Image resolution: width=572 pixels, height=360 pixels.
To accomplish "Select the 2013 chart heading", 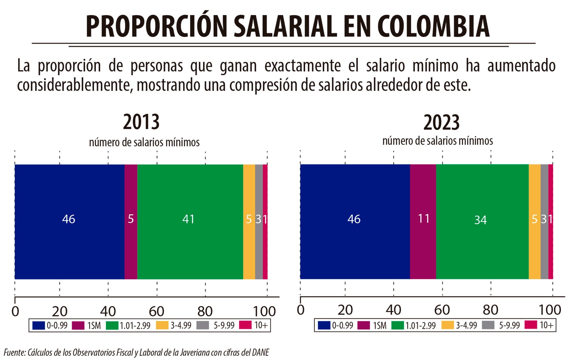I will [141, 122].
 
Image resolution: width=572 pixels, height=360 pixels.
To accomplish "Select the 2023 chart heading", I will [441, 122].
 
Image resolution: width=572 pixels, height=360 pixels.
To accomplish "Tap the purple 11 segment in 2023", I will [423, 221].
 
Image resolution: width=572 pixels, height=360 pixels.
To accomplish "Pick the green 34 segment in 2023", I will [482, 221].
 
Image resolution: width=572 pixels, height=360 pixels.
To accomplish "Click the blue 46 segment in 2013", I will [69, 221].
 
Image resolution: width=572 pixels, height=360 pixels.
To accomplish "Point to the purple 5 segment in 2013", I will [131, 221].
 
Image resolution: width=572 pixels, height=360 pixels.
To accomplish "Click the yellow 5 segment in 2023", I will [535, 221].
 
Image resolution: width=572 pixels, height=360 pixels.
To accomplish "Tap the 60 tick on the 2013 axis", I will [157, 311].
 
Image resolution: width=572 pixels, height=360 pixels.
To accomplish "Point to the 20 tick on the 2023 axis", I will [345, 310].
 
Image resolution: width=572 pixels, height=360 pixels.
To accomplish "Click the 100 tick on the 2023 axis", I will [550, 310].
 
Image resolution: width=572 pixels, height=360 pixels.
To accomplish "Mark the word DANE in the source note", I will [260, 352].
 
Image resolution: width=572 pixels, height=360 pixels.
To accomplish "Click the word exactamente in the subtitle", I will [302, 66].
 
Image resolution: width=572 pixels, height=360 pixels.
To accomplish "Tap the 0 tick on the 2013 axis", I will [15, 311].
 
